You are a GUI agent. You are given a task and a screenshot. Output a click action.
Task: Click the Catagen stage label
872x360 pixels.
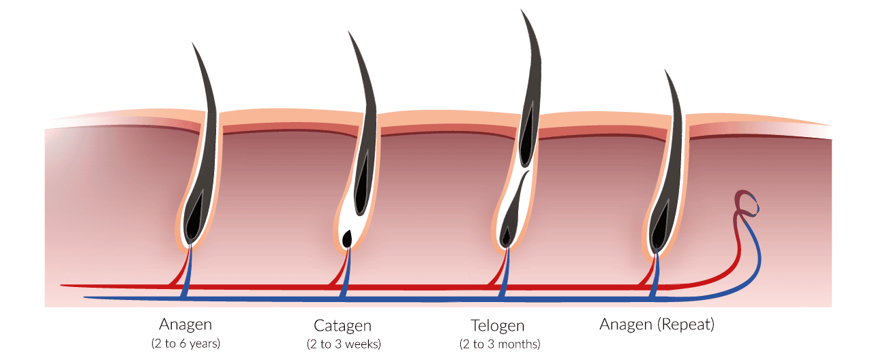pyautogui.click(x=342, y=326)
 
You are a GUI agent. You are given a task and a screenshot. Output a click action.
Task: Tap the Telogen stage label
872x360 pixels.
pyautogui.click(x=498, y=326)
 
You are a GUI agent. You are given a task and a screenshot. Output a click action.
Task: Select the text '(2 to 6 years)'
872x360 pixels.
pyautogui.click(x=185, y=343)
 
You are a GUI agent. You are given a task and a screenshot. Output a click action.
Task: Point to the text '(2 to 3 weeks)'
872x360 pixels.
pyautogui.click(x=344, y=344)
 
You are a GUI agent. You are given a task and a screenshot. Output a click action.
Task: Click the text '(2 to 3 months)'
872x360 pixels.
pyautogui.click(x=500, y=344)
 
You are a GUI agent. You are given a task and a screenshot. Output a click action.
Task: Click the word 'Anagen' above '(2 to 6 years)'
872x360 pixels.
pyautogui.click(x=185, y=325)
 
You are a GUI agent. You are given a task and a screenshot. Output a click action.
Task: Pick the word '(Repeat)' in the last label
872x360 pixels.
pyautogui.click(x=686, y=324)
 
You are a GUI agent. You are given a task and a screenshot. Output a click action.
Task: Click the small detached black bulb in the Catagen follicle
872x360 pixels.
pyautogui.click(x=346, y=238)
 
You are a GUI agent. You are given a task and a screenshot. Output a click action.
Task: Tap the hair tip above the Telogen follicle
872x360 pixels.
pyautogui.click(x=522, y=10)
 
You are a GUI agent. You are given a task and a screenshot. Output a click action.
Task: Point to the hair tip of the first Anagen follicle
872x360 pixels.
pyautogui.click(x=192, y=43)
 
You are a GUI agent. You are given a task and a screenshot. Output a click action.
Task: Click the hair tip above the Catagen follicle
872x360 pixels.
pyautogui.click(x=348, y=32)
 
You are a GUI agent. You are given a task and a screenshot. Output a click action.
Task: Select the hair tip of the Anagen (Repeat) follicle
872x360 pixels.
pyautogui.click(x=665, y=70)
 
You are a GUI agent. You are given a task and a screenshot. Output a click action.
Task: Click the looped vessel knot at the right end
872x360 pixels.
pyautogui.click(x=747, y=205)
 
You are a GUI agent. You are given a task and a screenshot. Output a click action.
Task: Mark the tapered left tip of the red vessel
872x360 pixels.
pyautogui.click(x=61, y=286)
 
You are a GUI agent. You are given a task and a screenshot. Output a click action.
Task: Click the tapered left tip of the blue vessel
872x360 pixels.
pyautogui.click(x=85, y=298)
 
